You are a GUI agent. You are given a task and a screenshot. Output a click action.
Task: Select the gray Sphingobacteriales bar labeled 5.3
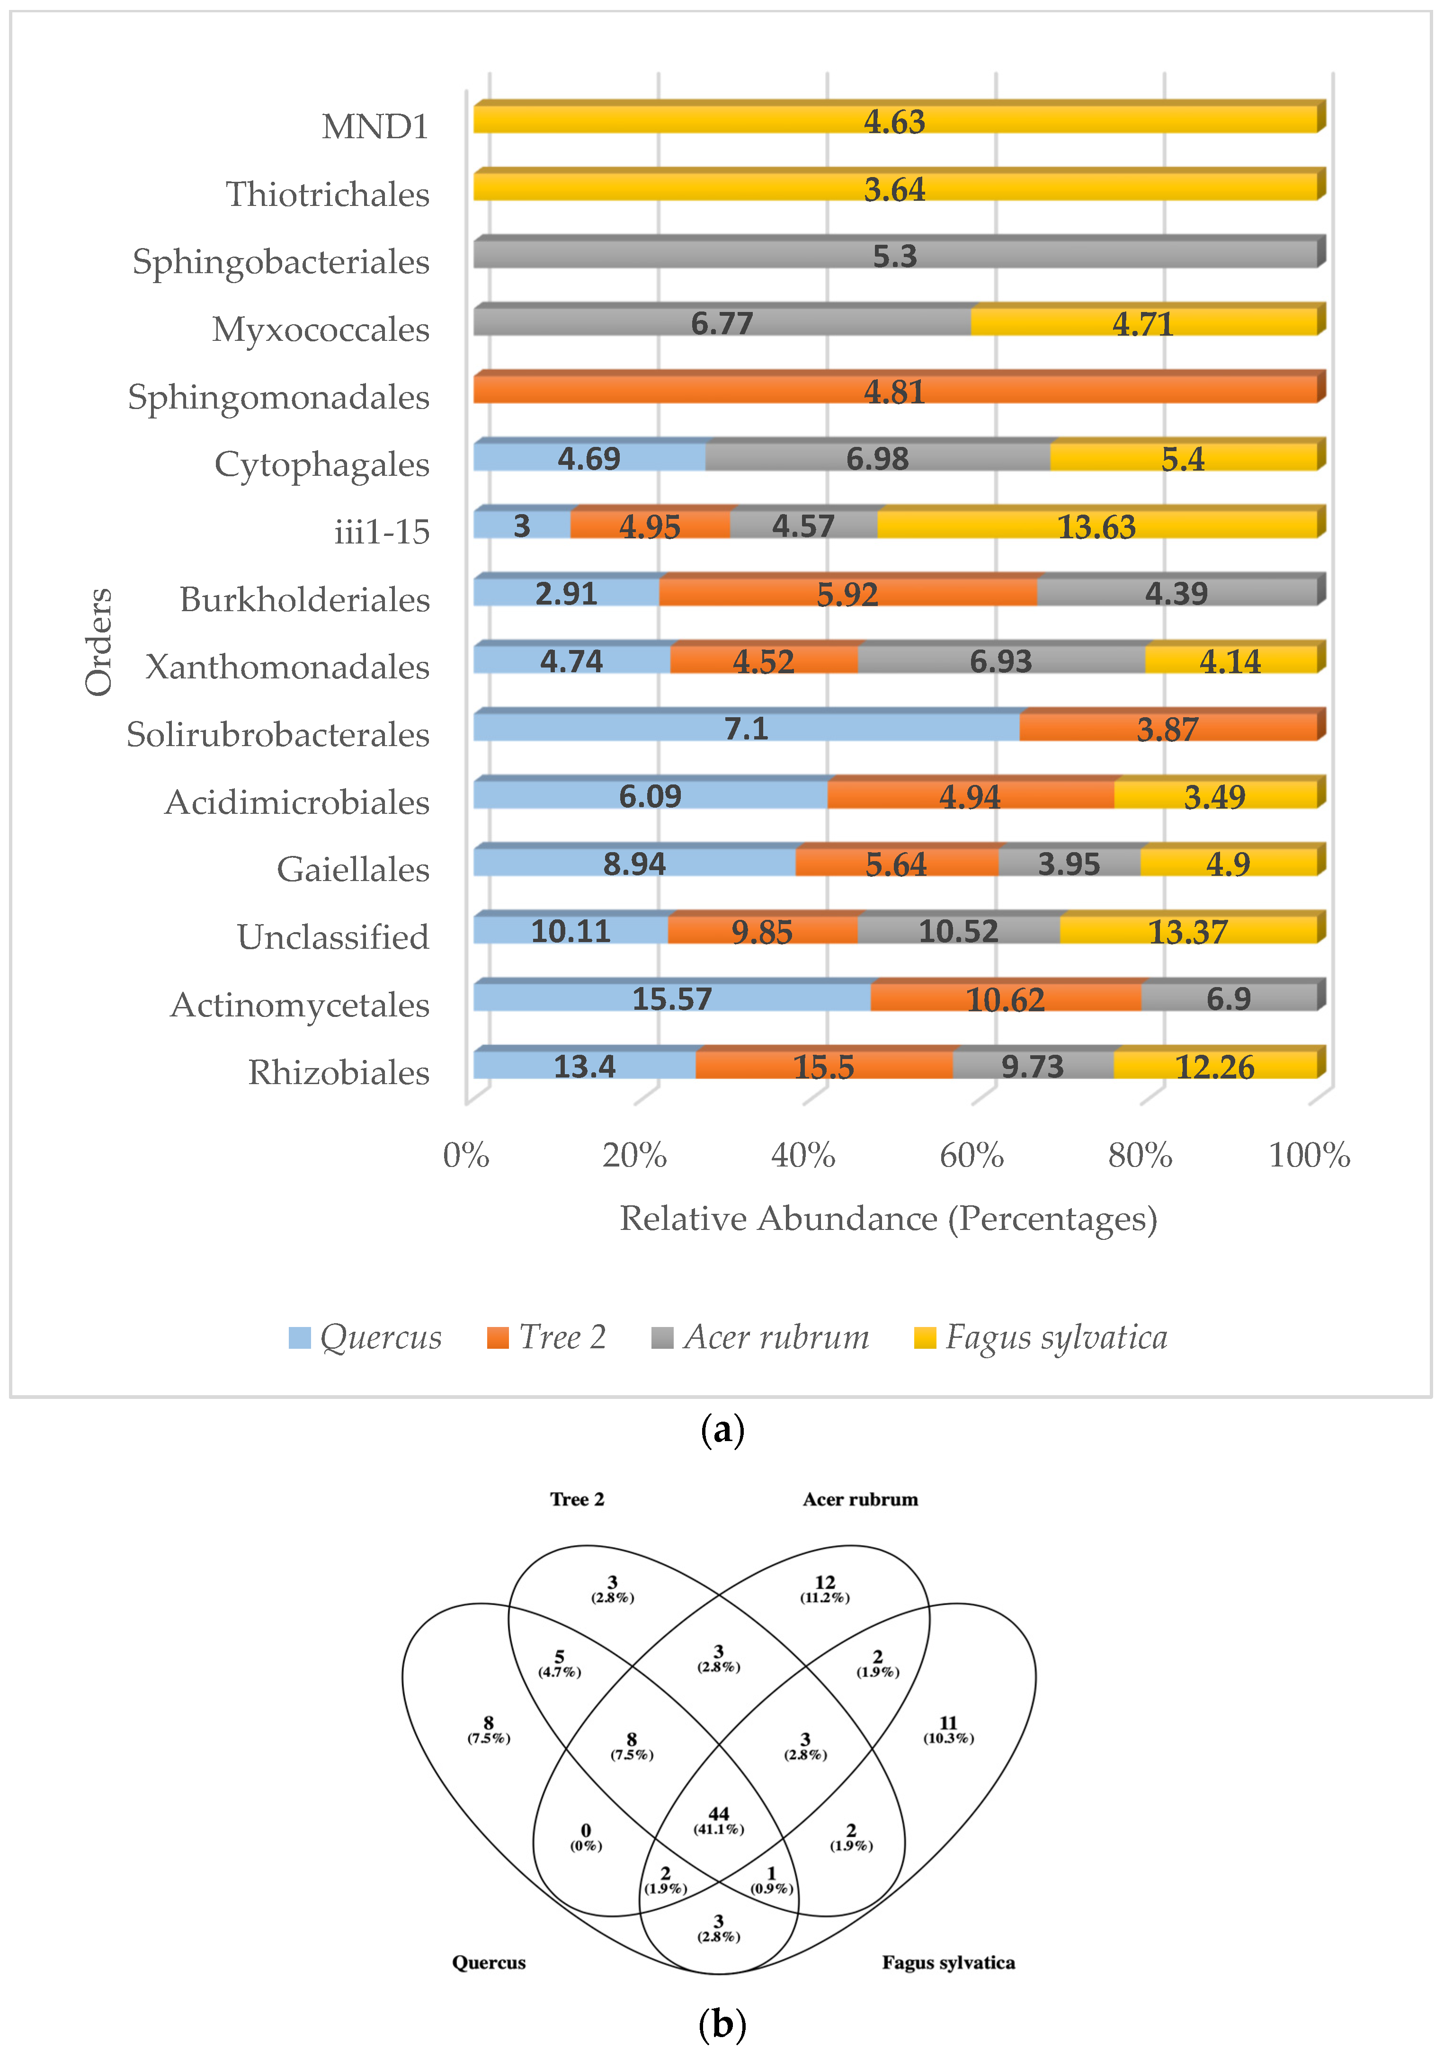point(895,255)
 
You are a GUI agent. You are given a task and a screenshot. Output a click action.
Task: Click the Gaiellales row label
point(353,869)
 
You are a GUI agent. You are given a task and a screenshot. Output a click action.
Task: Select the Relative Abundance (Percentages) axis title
point(888,1219)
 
